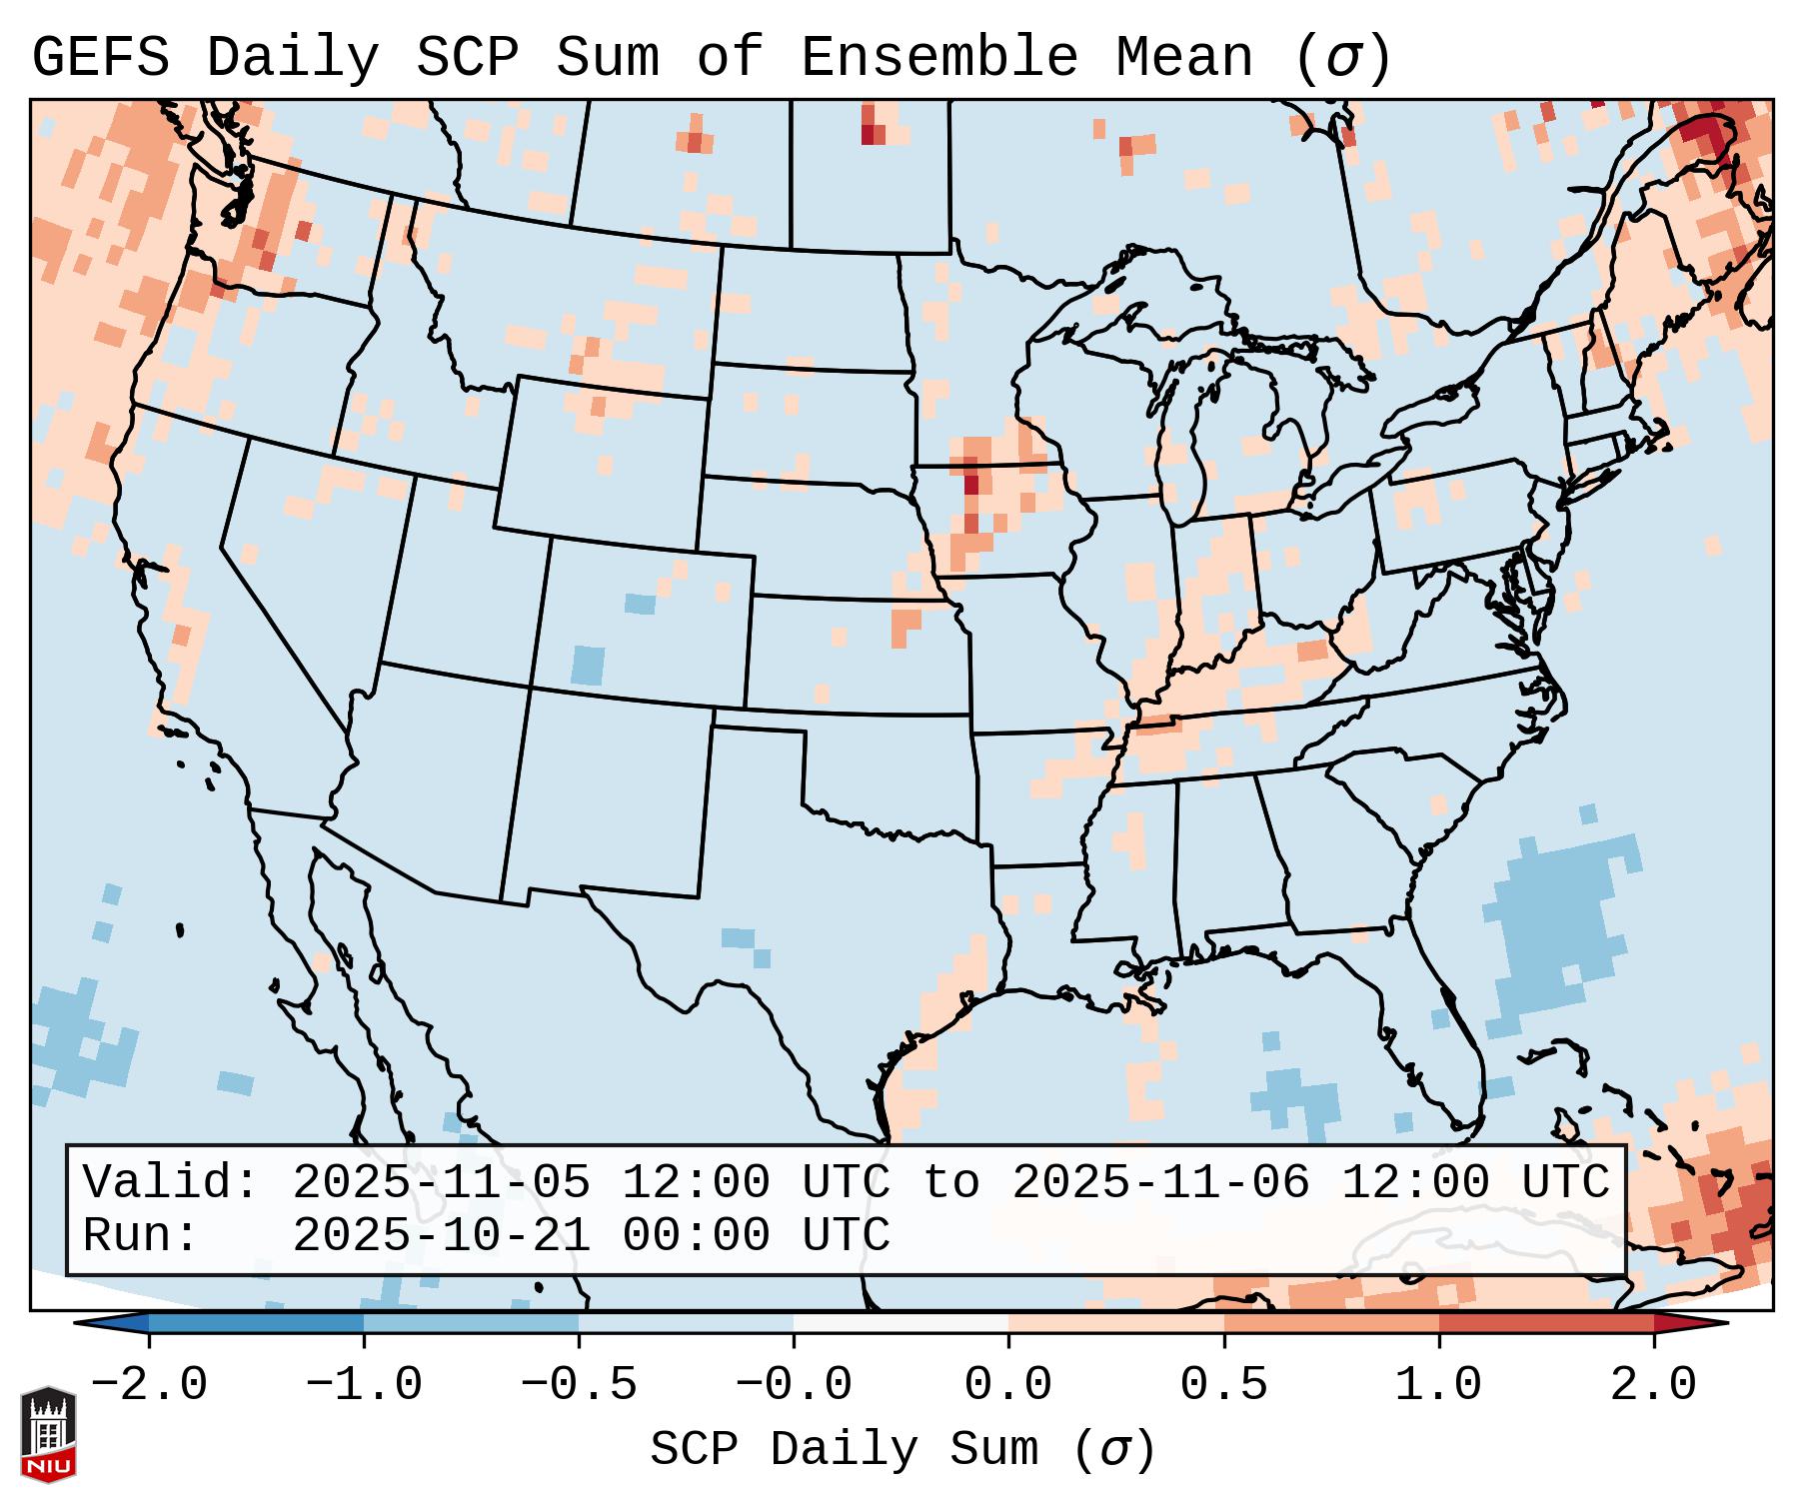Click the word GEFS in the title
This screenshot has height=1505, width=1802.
point(100,58)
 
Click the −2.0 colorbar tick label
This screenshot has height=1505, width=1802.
point(149,1385)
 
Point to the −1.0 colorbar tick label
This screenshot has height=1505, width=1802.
point(364,1385)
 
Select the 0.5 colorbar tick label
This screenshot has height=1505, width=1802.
point(1223,1385)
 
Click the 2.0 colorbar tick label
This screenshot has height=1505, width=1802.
point(1654,1385)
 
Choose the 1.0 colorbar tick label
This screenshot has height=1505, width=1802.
point(1439,1385)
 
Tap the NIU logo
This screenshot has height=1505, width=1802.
point(48,1434)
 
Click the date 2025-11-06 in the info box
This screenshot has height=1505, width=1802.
point(1161,1183)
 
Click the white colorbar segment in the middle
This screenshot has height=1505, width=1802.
point(901,1323)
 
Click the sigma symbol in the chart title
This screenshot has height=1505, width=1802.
point(1342,58)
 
